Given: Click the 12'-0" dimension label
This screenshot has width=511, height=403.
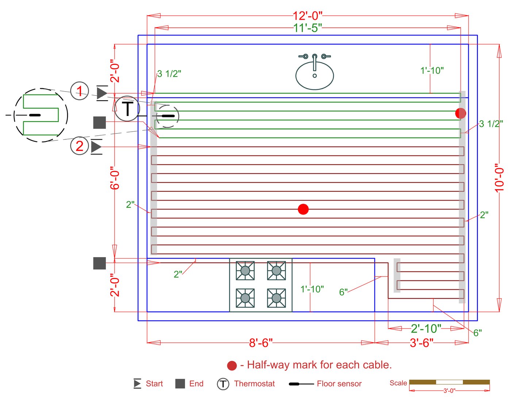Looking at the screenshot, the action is pyautogui.click(x=307, y=16).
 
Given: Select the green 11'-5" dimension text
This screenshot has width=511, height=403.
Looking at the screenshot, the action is pyautogui.click(x=307, y=28).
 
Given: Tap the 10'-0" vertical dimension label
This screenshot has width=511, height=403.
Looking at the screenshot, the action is pyautogui.click(x=499, y=178).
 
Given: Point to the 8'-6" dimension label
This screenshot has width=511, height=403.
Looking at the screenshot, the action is pyautogui.click(x=261, y=343).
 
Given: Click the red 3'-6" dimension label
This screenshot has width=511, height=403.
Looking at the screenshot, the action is pyautogui.click(x=422, y=343).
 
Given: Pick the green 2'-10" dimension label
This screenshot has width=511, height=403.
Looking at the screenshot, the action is pyautogui.click(x=426, y=329).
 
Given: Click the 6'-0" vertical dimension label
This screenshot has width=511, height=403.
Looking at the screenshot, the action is pyautogui.click(x=115, y=178).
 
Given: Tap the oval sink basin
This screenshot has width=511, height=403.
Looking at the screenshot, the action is pyautogui.click(x=314, y=75).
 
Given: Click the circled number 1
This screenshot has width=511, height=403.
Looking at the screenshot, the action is pyautogui.click(x=80, y=91).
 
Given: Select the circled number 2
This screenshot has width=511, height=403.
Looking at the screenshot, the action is pyautogui.click(x=80, y=146).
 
